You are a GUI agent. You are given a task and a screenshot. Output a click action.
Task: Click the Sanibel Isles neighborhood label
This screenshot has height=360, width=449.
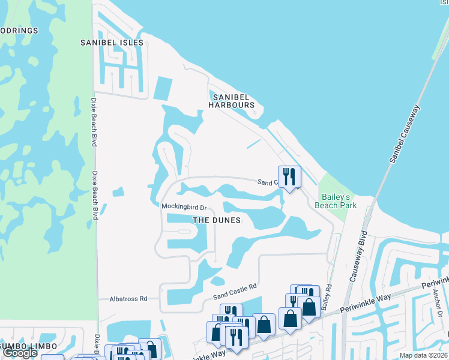(112, 43)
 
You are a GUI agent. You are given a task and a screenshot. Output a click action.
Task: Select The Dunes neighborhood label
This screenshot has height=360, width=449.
(216, 220)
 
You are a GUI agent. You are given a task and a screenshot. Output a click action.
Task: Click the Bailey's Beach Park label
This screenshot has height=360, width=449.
(336, 201)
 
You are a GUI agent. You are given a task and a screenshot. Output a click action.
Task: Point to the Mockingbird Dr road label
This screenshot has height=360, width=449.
(184, 207)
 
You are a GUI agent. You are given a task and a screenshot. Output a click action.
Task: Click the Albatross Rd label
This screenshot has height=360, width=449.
(128, 298)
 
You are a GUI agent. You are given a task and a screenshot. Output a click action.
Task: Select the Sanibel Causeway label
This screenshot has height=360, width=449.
(405, 135)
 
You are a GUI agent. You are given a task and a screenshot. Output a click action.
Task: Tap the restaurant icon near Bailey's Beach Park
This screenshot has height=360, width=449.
(289, 176)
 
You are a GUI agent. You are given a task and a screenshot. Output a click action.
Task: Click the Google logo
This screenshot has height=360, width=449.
(20, 353)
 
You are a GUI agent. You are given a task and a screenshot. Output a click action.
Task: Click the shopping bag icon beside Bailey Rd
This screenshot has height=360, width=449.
(309, 307)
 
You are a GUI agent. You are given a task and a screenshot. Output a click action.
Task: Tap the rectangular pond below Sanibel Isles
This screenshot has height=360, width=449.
(162, 88)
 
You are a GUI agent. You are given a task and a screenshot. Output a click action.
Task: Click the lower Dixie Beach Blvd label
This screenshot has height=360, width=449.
(95, 196)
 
